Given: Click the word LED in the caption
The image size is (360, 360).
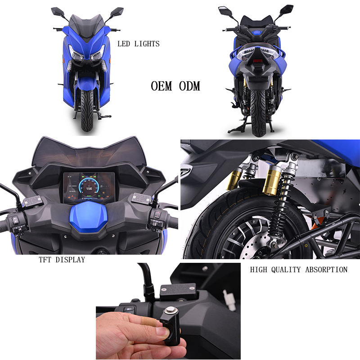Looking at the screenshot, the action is coord(124,44).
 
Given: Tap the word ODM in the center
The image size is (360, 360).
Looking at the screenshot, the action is coord(189,86).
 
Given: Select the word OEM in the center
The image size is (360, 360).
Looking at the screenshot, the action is coord(162,86).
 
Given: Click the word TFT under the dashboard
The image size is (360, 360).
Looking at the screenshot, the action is coord(45,260).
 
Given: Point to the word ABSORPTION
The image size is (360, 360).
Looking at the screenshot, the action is coord(326,270).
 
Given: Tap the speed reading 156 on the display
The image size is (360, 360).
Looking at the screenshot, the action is coord(89,189).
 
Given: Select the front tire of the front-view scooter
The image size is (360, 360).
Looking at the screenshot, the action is coord(87,110).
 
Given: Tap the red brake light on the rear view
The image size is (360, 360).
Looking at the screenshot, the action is coord(257,61).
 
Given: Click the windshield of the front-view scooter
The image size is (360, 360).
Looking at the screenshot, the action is coord(86,27).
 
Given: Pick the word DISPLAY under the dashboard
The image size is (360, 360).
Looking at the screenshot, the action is coord(70,260).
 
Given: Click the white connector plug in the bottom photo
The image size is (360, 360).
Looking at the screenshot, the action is coord(229,300).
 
